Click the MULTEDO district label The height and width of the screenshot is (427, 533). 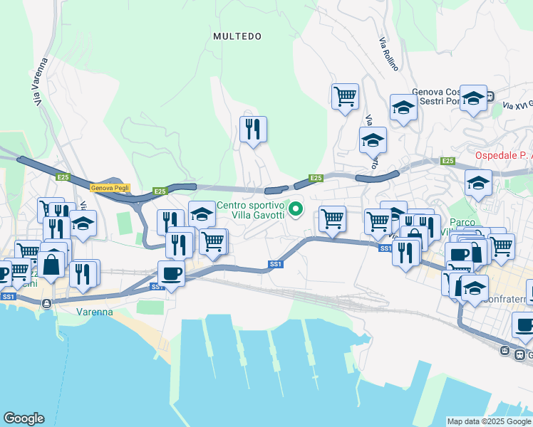(x=237, y=36)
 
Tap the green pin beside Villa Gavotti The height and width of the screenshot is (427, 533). (x=297, y=209)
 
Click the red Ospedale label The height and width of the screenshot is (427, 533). (x=503, y=155)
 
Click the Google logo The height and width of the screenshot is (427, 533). (x=24, y=418)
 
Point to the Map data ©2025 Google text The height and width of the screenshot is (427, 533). (x=489, y=421)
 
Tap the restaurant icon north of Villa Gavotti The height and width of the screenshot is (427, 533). (x=253, y=129)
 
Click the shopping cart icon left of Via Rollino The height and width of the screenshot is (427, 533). (x=345, y=95)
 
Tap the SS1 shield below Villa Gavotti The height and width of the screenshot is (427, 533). (x=276, y=264)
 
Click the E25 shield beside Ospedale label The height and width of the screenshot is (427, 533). (x=447, y=162)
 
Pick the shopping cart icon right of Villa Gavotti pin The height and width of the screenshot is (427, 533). (x=332, y=218)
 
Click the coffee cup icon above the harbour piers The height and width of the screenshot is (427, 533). (x=171, y=273)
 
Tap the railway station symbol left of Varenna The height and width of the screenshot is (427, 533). (x=46, y=304)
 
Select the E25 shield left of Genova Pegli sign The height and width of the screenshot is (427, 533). (x=63, y=177)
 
